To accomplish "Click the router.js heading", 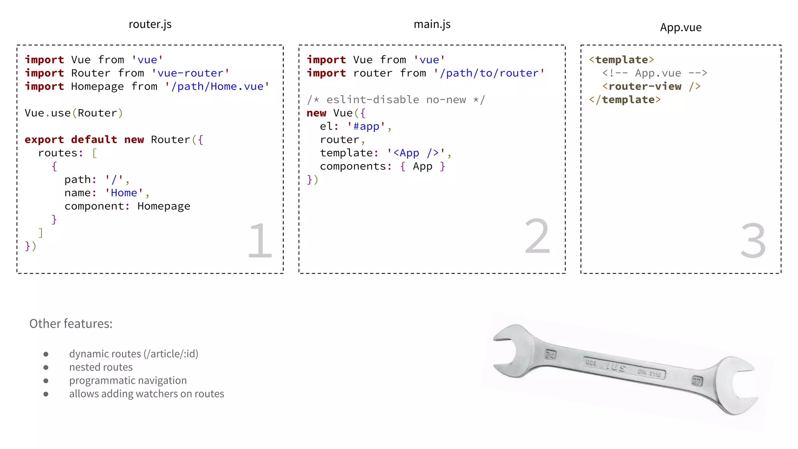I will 150,25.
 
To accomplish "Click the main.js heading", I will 432,25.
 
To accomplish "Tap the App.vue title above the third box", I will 680,28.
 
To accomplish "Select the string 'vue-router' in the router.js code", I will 190,73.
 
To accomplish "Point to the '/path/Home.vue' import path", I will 217,87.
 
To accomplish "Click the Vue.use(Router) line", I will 74,113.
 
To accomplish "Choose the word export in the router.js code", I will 44,140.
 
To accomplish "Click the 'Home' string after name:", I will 124,193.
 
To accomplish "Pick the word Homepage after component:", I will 164,206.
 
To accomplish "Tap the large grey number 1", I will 260,240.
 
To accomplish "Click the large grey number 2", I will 537,237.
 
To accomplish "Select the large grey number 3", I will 753,240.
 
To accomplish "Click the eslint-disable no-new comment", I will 396,100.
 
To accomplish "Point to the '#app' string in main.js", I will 366,127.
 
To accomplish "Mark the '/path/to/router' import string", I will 489,73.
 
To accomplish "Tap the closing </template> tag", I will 625,100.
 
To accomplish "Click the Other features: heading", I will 71,324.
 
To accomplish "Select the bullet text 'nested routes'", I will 101,367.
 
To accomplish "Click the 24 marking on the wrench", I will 550,355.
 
